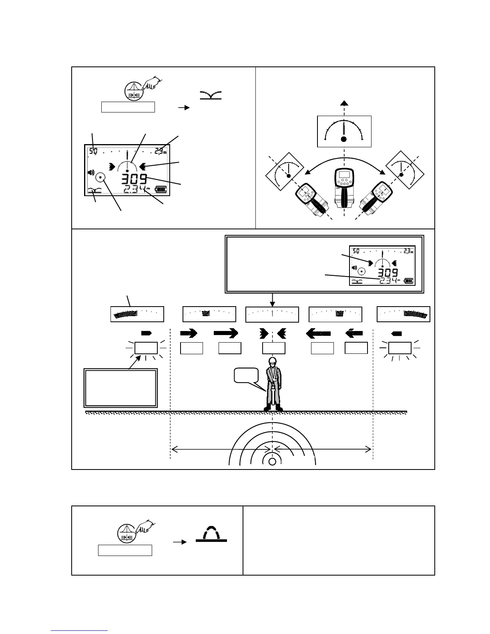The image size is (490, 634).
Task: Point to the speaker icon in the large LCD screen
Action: (91, 173)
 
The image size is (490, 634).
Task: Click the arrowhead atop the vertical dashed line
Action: (343, 103)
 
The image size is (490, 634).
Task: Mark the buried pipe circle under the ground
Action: (273, 461)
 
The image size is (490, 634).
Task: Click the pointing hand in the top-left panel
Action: (151, 84)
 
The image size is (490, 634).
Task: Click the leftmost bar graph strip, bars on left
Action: (137, 314)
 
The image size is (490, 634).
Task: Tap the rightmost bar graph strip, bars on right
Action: (404, 314)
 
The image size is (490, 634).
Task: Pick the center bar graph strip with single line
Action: (272, 314)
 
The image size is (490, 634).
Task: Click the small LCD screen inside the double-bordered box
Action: (382, 265)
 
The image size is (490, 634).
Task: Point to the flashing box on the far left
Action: (146, 348)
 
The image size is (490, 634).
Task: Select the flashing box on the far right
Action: (400, 348)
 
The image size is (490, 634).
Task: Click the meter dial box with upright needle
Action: (344, 131)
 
